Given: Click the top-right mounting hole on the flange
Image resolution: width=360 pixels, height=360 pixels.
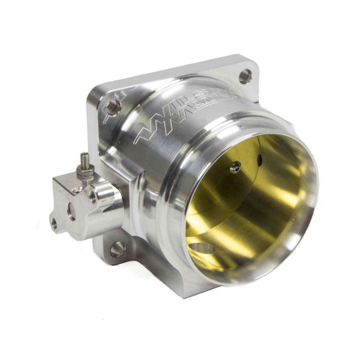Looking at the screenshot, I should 245,76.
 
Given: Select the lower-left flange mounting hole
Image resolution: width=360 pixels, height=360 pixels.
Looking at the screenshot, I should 117,249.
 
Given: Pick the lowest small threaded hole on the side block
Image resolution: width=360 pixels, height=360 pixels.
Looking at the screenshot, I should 54,222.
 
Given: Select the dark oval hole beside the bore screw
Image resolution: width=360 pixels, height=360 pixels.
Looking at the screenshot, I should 260,157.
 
